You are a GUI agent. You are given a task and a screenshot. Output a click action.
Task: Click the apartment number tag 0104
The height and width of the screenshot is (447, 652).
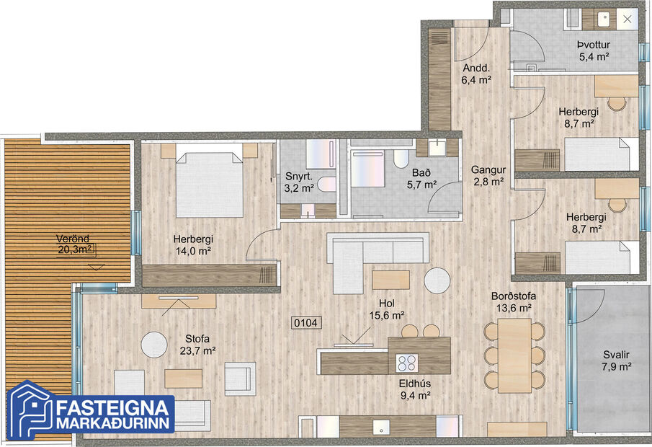point(306,324)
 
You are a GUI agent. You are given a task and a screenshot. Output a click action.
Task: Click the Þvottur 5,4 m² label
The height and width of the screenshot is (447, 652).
point(595,50)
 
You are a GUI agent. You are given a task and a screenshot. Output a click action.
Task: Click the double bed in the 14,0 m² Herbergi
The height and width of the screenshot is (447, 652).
point(209,183)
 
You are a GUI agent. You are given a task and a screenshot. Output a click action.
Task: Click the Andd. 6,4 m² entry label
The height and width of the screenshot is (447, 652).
point(475,74)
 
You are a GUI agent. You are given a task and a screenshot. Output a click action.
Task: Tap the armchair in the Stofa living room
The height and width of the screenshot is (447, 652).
point(239,377)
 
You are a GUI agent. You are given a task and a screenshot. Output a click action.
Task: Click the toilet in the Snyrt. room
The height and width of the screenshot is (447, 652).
point(326,184)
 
